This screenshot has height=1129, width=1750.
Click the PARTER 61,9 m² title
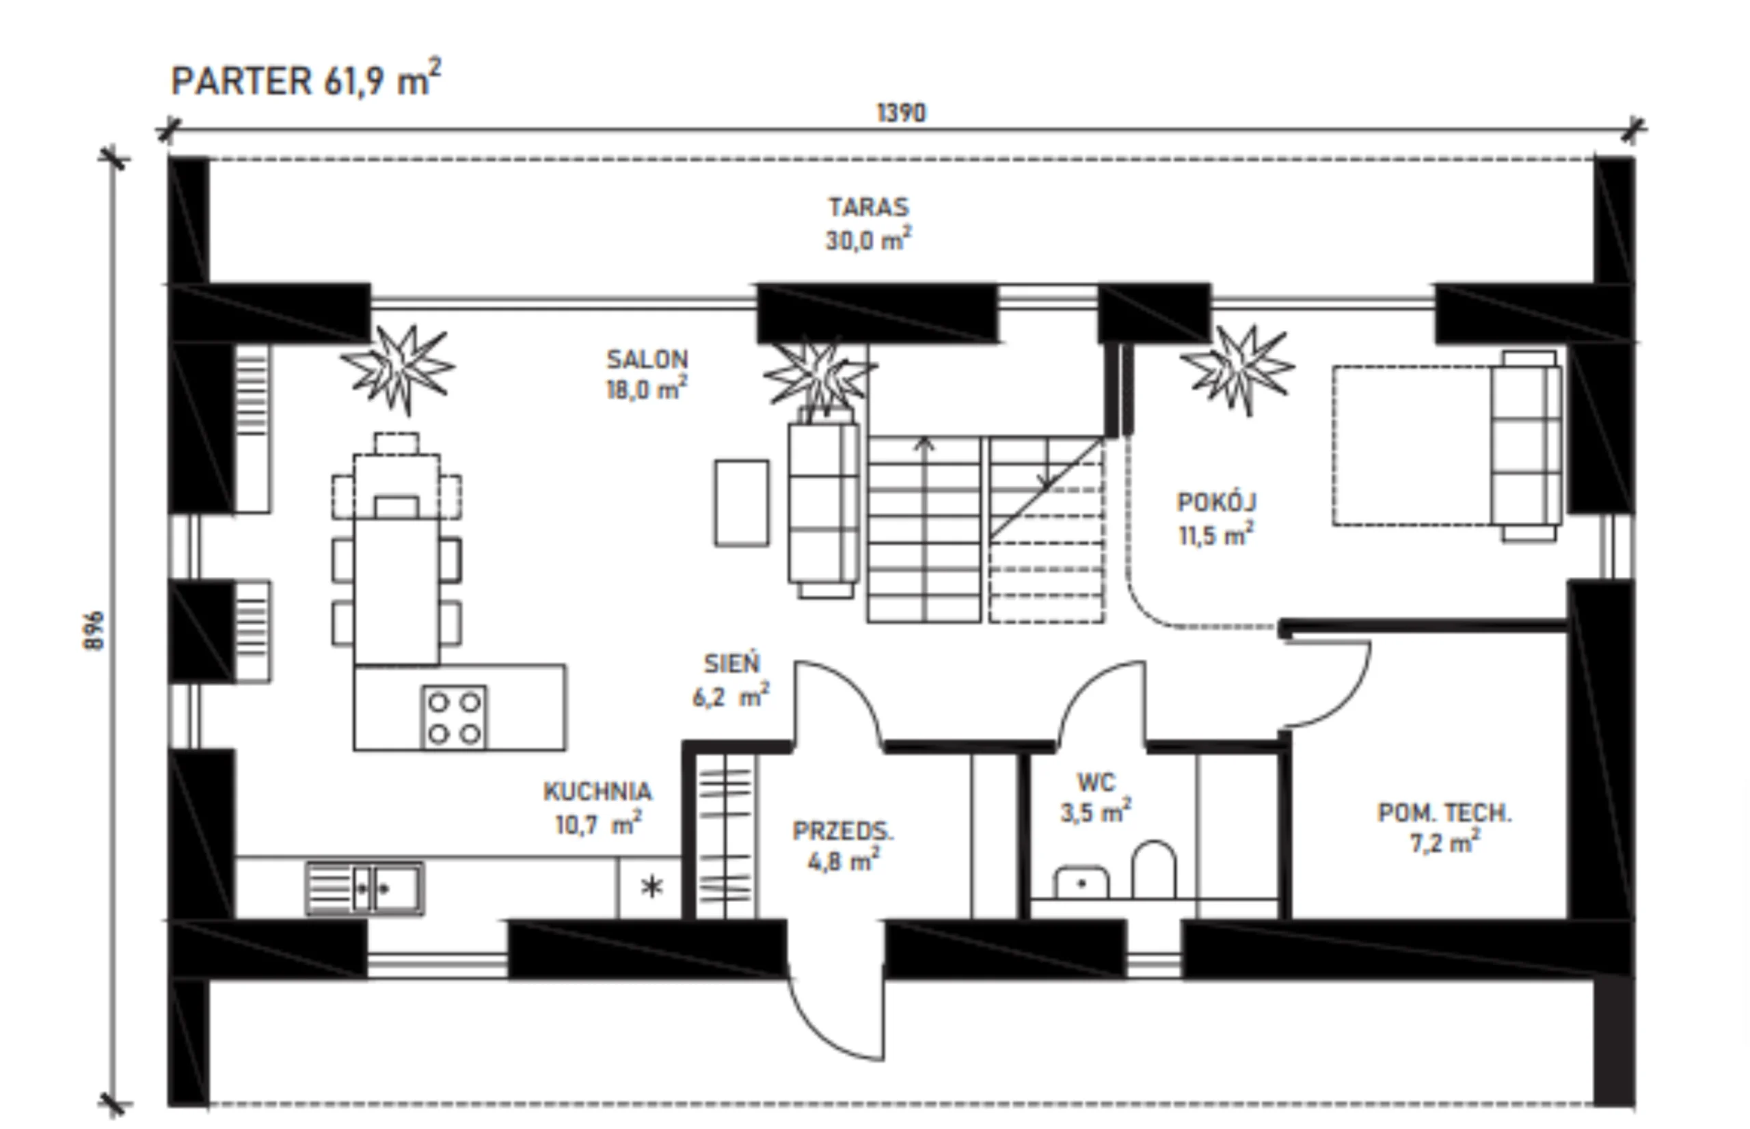(306, 79)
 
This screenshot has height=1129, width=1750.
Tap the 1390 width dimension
(902, 113)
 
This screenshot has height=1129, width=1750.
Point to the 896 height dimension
(94, 631)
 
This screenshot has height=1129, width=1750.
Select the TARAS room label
(869, 207)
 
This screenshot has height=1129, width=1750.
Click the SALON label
(647, 359)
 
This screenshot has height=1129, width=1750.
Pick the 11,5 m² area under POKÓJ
(1216, 534)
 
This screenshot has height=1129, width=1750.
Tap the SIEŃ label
(731, 663)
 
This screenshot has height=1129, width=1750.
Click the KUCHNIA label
(597, 791)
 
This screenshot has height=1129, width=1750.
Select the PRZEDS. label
(843, 830)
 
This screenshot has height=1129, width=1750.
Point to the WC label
(1096, 783)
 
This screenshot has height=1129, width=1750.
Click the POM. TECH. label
(1445, 813)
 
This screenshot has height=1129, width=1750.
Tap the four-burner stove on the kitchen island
(455, 718)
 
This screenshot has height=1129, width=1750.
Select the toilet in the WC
(1154, 869)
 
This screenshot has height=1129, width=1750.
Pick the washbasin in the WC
(1081, 883)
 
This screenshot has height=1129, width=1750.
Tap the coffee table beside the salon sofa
(742, 503)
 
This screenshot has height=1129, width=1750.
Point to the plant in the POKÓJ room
(1237, 368)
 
